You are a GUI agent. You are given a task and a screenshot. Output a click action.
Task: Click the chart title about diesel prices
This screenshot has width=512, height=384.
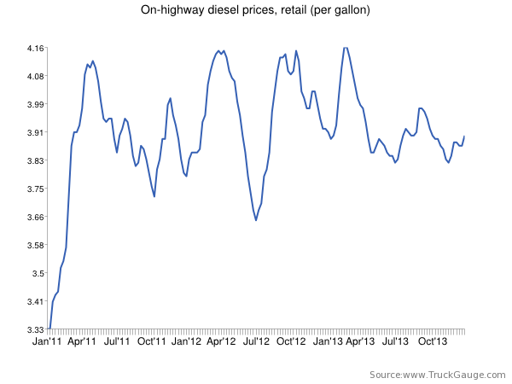[256, 11]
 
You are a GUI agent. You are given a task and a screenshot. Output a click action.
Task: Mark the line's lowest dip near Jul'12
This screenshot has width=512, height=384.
[256, 220]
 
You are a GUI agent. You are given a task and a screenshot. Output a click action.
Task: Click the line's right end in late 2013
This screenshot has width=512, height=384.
[464, 137]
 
